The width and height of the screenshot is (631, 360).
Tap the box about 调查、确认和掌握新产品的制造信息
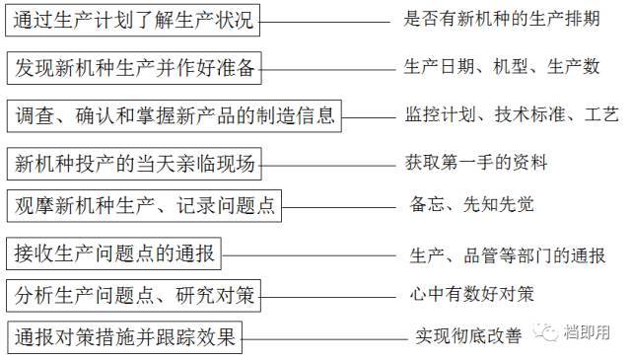click(174, 116)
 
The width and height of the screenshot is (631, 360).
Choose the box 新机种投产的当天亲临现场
click(134, 161)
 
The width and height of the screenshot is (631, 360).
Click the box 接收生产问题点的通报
click(114, 252)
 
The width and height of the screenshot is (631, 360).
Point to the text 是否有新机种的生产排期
click(503, 19)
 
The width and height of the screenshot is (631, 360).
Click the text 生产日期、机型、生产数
click(503, 66)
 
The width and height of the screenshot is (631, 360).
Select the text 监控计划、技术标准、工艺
click(504, 114)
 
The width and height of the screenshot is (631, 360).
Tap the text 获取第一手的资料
click(476, 162)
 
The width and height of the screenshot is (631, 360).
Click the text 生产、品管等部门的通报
click(508, 255)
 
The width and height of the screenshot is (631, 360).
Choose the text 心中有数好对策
click(472, 295)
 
